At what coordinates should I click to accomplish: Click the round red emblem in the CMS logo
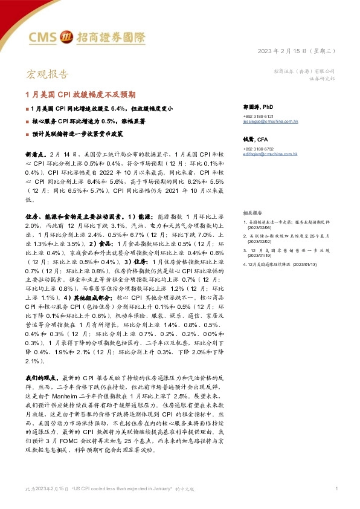coord(68,38)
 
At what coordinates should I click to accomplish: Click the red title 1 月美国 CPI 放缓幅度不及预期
coord(80,95)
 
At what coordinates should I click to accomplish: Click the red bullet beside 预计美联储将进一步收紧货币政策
coord(27,134)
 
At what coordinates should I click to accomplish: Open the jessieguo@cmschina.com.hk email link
coord(270,122)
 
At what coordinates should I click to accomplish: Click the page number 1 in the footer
coord(336,488)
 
